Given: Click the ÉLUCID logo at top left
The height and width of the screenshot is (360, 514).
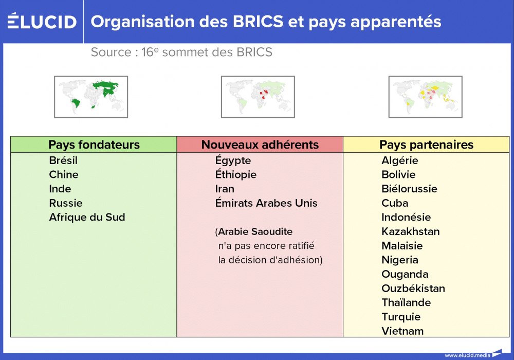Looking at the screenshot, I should [x=42, y=21].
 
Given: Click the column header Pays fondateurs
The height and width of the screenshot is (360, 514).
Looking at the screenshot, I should [x=94, y=145].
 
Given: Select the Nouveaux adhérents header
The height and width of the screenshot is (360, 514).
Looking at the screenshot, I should [x=260, y=145].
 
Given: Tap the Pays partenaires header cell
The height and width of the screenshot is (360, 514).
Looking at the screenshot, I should [x=426, y=145].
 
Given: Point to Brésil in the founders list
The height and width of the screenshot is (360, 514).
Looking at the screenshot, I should [x=63, y=160].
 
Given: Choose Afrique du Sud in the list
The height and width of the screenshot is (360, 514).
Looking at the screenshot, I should [x=87, y=217].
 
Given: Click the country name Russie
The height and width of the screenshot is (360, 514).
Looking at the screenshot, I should [x=66, y=203].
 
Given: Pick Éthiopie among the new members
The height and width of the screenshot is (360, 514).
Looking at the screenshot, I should [x=235, y=174].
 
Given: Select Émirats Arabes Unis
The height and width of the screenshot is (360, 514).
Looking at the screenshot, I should [x=266, y=203].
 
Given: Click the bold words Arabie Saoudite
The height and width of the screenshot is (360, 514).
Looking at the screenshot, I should [x=255, y=231].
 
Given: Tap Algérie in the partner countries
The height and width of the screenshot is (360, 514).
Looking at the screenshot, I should [x=400, y=160].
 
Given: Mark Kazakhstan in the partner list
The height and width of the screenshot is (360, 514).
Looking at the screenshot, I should [x=411, y=231].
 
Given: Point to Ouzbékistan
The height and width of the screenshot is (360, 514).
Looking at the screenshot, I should [x=413, y=289].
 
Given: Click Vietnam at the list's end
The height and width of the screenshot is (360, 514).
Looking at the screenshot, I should [x=402, y=331].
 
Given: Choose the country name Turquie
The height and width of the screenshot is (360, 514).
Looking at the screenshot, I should [x=401, y=317].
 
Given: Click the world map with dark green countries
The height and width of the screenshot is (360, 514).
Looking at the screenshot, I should [x=91, y=97].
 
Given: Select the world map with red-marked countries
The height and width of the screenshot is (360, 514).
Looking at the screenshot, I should [x=258, y=97].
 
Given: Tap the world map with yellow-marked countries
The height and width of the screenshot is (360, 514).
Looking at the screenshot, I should [x=425, y=97].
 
